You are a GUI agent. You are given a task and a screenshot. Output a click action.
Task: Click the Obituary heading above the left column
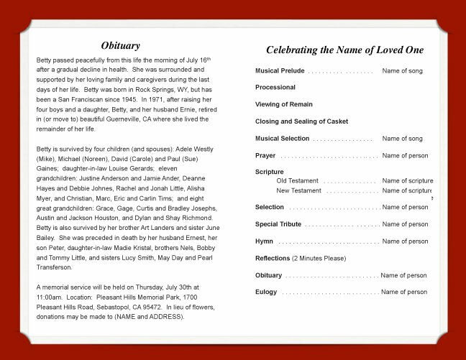(120, 46)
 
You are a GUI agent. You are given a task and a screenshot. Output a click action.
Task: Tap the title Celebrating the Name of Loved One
(344, 50)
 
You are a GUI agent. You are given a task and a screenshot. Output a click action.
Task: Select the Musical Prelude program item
(280, 71)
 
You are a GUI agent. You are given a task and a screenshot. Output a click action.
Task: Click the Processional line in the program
(275, 88)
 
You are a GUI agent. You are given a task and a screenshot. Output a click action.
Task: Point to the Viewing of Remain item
(284, 105)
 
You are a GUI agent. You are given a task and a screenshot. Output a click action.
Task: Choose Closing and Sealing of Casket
(301, 121)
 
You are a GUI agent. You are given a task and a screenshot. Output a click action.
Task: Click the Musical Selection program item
(282, 138)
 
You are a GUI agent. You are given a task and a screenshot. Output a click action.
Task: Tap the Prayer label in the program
(265, 155)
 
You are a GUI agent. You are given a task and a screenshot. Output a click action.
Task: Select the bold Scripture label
(270, 172)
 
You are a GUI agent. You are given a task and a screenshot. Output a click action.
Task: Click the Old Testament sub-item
(298, 181)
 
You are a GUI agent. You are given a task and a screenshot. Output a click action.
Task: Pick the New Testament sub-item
(299, 190)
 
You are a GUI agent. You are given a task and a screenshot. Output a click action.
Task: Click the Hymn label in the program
(264, 241)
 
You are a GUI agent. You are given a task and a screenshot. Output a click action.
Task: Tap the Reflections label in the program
(273, 258)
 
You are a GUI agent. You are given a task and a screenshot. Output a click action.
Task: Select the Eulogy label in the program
(267, 292)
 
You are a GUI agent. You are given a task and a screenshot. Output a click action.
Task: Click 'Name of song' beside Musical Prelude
(402, 71)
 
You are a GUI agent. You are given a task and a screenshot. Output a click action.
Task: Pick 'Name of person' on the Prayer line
(405, 155)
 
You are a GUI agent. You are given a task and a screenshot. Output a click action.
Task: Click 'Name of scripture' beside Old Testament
(408, 181)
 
